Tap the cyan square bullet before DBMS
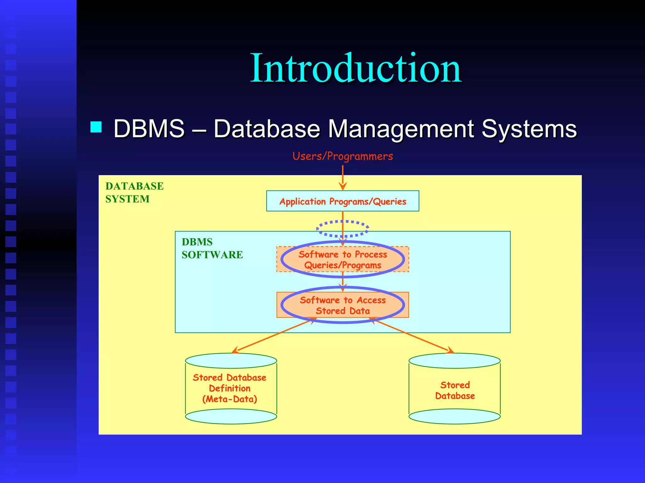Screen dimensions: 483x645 96,127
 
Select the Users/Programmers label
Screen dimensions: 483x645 343,156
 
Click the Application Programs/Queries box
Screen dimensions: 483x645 343,201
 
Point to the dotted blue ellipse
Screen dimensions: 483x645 343,229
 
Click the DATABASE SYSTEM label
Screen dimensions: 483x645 134,192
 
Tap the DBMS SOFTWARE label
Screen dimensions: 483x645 212,248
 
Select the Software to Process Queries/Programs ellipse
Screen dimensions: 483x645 343,259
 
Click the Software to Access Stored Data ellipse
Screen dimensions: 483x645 343,305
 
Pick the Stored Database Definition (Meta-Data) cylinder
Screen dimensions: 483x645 231,389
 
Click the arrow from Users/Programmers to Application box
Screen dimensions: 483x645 343,178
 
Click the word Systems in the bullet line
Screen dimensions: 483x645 529,129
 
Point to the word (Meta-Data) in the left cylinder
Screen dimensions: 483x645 230,399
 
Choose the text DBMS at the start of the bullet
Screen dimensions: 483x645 149,129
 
